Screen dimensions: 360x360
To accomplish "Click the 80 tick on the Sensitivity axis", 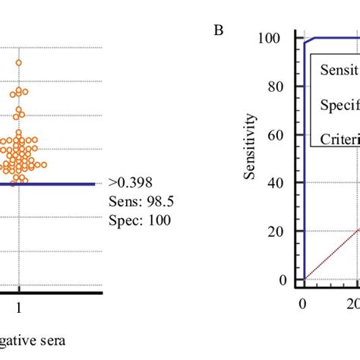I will pyautogui.click(x=271, y=87).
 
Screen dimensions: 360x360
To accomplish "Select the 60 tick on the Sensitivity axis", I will pyautogui.click(x=271, y=134).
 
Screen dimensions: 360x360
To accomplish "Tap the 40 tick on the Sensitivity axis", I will pyautogui.click(x=271, y=183).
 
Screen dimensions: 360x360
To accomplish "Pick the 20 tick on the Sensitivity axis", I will pyautogui.click(x=271, y=232).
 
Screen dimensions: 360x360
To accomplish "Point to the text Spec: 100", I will pyautogui.click(x=141, y=221).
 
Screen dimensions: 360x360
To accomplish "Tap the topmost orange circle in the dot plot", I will pyautogui.click(x=19, y=63).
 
